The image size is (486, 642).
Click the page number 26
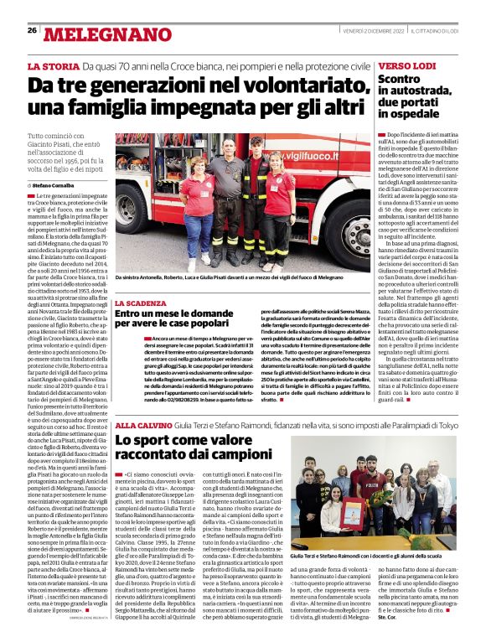pyautogui.click(x=32, y=30)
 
